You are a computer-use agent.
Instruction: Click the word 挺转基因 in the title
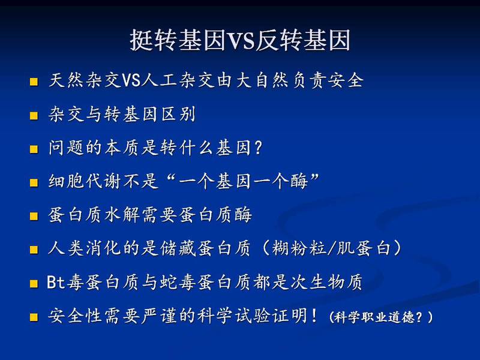[x=178, y=40]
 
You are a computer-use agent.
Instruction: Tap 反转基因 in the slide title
[x=303, y=40]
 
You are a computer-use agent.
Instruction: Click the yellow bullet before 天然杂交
[x=34, y=82]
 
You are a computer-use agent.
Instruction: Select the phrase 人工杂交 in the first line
[x=178, y=80]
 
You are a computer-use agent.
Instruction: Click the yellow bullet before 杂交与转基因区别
[x=34, y=116]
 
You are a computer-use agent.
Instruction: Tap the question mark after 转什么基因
[x=259, y=148]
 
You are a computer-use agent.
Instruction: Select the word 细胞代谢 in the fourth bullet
[x=84, y=181]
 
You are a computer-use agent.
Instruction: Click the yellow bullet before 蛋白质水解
[x=34, y=216]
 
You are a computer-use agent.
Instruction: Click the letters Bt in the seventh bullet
[x=56, y=281]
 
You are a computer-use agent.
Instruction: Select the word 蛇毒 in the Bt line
[x=178, y=281]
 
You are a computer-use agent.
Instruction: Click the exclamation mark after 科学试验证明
[x=314, y=316]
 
